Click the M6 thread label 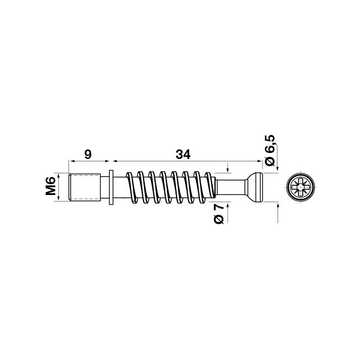50,186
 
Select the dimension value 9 88,154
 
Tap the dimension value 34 183,155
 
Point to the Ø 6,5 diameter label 270,150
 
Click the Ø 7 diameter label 219,214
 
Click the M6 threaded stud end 85,187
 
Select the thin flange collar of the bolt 111,187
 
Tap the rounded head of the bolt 255,187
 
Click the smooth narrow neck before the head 231,187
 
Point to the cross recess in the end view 301,187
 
